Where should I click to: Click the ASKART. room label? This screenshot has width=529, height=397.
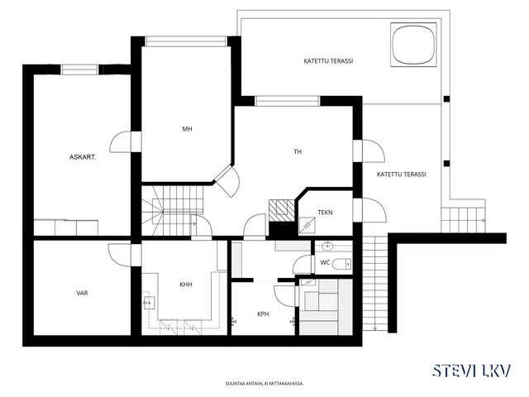(x=83, y=157)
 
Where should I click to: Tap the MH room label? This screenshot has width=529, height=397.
(x=188, y=129)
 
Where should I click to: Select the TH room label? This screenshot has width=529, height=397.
(x=298, y=152)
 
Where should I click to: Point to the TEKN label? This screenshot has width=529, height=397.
(x=325, y=213)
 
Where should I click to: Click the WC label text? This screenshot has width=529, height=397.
(x=325, y=262)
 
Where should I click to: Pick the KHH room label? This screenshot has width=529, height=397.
(x=186, y=285)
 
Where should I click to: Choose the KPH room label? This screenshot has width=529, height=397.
(x=263, y=314)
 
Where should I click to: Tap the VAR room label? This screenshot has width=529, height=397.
(x=83, y=293)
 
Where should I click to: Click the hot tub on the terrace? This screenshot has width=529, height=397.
(x=413, y=44)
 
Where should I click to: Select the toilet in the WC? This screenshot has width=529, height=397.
(x=341, y=264)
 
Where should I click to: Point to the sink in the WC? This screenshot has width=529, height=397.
(x=327, y=246)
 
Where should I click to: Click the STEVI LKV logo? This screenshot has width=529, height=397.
(x=472, y=371)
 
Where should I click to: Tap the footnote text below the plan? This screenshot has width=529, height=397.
(x=264, y=384)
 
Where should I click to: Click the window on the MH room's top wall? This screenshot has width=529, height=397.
(x=186, y=41)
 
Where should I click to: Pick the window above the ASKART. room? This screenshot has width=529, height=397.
(x=79, y=69)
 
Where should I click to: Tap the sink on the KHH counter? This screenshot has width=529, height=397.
(x=149, y=303)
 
